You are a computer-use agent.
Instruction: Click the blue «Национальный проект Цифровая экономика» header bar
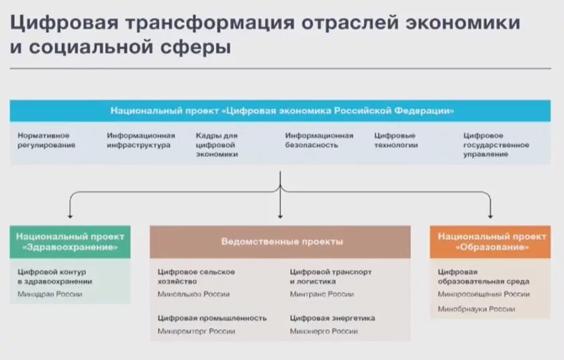pyautogui.click(x=280, y=111)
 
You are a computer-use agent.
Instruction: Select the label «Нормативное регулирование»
pyautogui.click(x=46, y=140)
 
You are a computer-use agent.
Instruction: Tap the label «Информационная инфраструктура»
pyautogui.click(x=140, y=140)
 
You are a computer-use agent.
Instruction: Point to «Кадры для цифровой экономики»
pyautogui.click(x=217, y=144)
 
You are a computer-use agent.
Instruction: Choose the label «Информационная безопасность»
pyautogui.click(x=319, y=140)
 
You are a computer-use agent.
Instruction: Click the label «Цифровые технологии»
pyautogui.click(x=395, y=140)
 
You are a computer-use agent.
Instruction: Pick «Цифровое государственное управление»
pyautogui.click(x=496, y=144)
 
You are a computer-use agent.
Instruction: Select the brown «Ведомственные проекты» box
pyautogui.click(x=280, y=242)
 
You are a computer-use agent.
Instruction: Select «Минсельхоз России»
pyautogui.click(x=193, y=294)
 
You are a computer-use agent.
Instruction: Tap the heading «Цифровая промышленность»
pyautogui.click(x=212, y=318)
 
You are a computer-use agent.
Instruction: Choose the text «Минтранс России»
pyautogui.click(x=322, y=294)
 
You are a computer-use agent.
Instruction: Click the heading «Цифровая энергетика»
pyautogui.click(x=332, y=318)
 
